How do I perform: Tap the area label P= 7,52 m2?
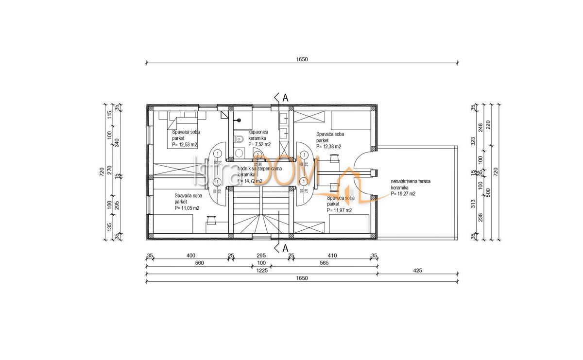260,144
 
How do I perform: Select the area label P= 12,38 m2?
329,146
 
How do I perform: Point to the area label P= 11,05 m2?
187,207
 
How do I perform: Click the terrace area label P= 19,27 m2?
403,193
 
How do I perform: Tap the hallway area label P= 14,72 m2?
250,181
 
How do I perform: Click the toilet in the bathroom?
238,140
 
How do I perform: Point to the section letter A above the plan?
285,98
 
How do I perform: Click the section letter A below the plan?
285,249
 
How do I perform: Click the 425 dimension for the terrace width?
417,271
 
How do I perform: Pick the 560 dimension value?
199,263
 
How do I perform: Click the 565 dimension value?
324,263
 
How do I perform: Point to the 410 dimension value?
332,256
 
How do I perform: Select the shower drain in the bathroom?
239,120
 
